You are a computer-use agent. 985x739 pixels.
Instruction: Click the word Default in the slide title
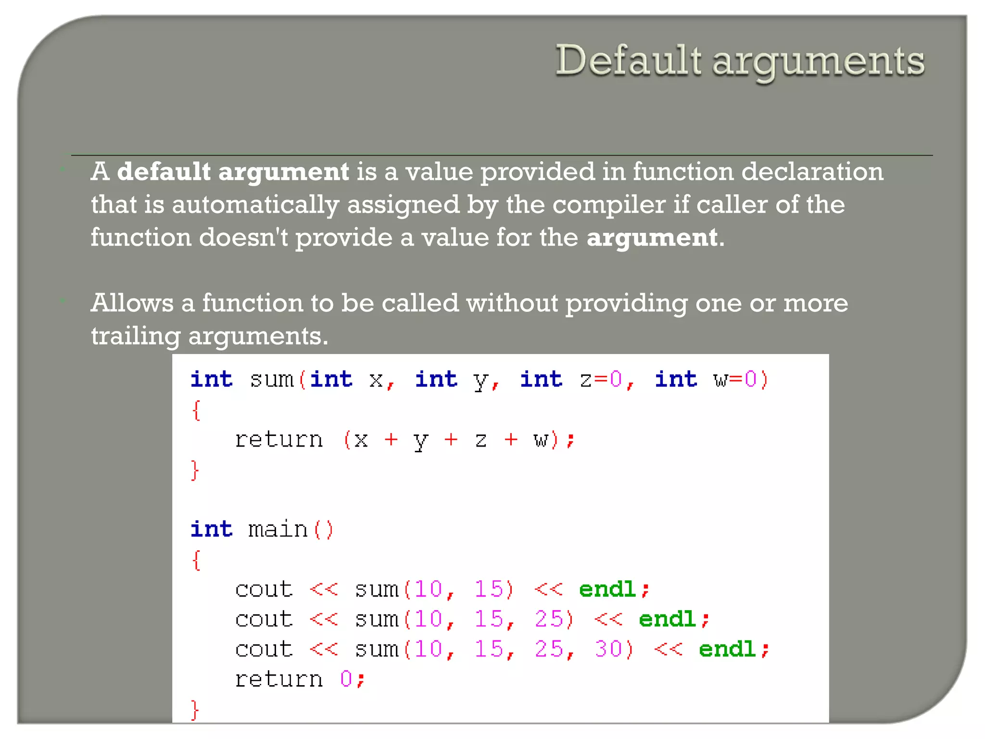[x=628, y=61]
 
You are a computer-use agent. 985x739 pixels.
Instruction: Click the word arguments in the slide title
[x=818, y=63]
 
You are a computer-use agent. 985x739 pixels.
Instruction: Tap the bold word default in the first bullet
[x=164, y=172]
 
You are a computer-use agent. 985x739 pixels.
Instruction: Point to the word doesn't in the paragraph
[x=243, y=238]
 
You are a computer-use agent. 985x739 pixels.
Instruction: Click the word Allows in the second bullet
[x=132, y=303]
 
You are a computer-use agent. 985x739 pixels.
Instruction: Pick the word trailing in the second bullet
[x=136, y=336]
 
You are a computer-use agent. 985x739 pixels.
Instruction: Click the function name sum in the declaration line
[x=271, y=380]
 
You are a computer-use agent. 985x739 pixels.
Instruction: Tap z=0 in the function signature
[x=601, y=380]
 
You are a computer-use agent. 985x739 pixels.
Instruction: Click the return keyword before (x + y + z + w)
[x=278, y=440]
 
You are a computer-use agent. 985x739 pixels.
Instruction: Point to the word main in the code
[x=278, y=530]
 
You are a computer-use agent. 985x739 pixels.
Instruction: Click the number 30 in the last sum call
[x=609, y=650]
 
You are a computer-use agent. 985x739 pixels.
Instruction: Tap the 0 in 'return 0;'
[x=346, y=679]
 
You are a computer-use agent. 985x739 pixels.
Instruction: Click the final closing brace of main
[x=195, y=710]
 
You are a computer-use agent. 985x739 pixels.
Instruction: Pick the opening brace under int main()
[x=196, y=560]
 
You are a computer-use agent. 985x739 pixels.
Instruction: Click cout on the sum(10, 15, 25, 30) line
[x=264, y=650]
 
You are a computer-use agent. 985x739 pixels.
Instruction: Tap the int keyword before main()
[x=211, y=530]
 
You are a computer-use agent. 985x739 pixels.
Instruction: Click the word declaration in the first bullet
[x=812, y=172]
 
